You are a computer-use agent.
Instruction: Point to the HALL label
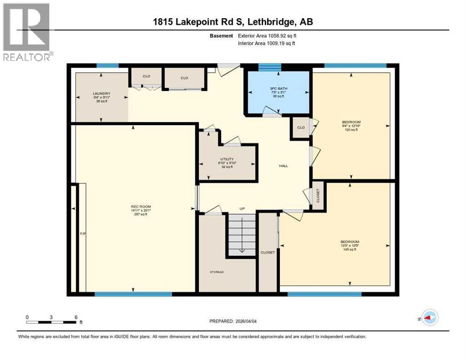(283, 166)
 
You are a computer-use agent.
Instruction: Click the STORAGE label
(217, 272)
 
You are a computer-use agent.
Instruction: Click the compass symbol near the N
(429, 317)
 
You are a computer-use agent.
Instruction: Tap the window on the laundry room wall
(104, 66)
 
